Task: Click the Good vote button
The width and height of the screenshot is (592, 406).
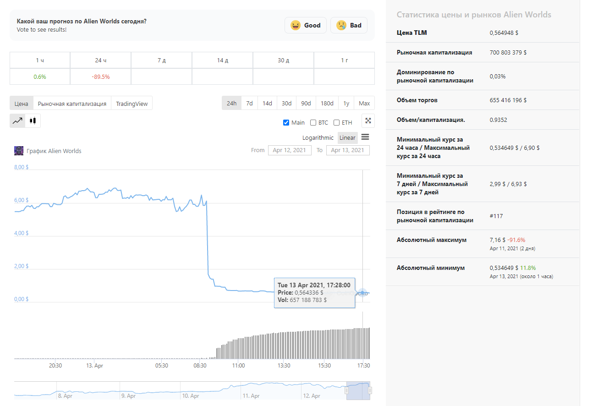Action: (x=306, y=25)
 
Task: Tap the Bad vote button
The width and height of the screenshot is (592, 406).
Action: (x=349, y=25)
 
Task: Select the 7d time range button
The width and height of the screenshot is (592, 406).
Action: (x=249, y=103)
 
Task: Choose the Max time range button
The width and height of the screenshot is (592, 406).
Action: (x=364, y=103)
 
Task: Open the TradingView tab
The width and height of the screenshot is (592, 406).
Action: (x=132, y=104)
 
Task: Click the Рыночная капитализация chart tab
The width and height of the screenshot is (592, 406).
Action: (x=72, y=104)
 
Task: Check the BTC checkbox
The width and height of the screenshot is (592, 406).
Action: (x=313, y=123)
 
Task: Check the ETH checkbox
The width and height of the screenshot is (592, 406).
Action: (x=336, y=123)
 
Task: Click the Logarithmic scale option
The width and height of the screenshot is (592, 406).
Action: (x=318, y=138)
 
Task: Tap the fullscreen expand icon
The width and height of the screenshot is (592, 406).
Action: (x=368, y=121)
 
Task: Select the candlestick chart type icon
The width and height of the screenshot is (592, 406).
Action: (x=33, y=121)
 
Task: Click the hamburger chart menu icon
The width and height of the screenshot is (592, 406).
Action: (x=365, y=137)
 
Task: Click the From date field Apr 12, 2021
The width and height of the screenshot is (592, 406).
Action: (x=290, y=150)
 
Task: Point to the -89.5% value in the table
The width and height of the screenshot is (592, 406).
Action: (x=101, y=77)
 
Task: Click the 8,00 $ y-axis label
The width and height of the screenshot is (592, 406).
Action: (x=21, y=167)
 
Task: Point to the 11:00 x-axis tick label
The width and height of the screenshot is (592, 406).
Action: (x=238, y=366)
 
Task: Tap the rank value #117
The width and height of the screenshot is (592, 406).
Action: (x=496, y=216)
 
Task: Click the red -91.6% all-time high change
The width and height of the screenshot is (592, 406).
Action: (x=516, y=240)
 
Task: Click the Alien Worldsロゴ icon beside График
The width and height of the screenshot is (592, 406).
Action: (x=19, y=151)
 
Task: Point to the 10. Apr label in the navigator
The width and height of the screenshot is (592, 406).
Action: (x=191, y=396)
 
